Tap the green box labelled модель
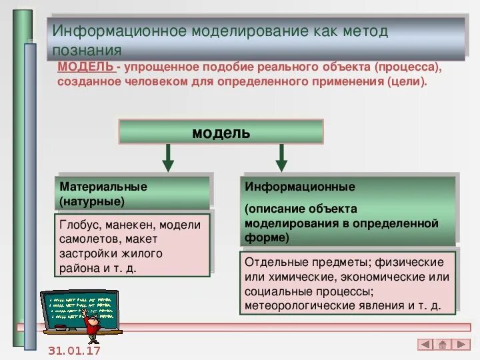coord(221,132)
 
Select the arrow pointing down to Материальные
coord(168,157)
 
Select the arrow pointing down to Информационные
coord(281,157)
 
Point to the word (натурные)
coord(92,201)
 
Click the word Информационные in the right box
coord(300,187)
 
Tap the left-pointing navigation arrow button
coord(425,345)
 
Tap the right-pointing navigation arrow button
coord(460,345)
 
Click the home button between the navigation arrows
coord(443,345)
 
